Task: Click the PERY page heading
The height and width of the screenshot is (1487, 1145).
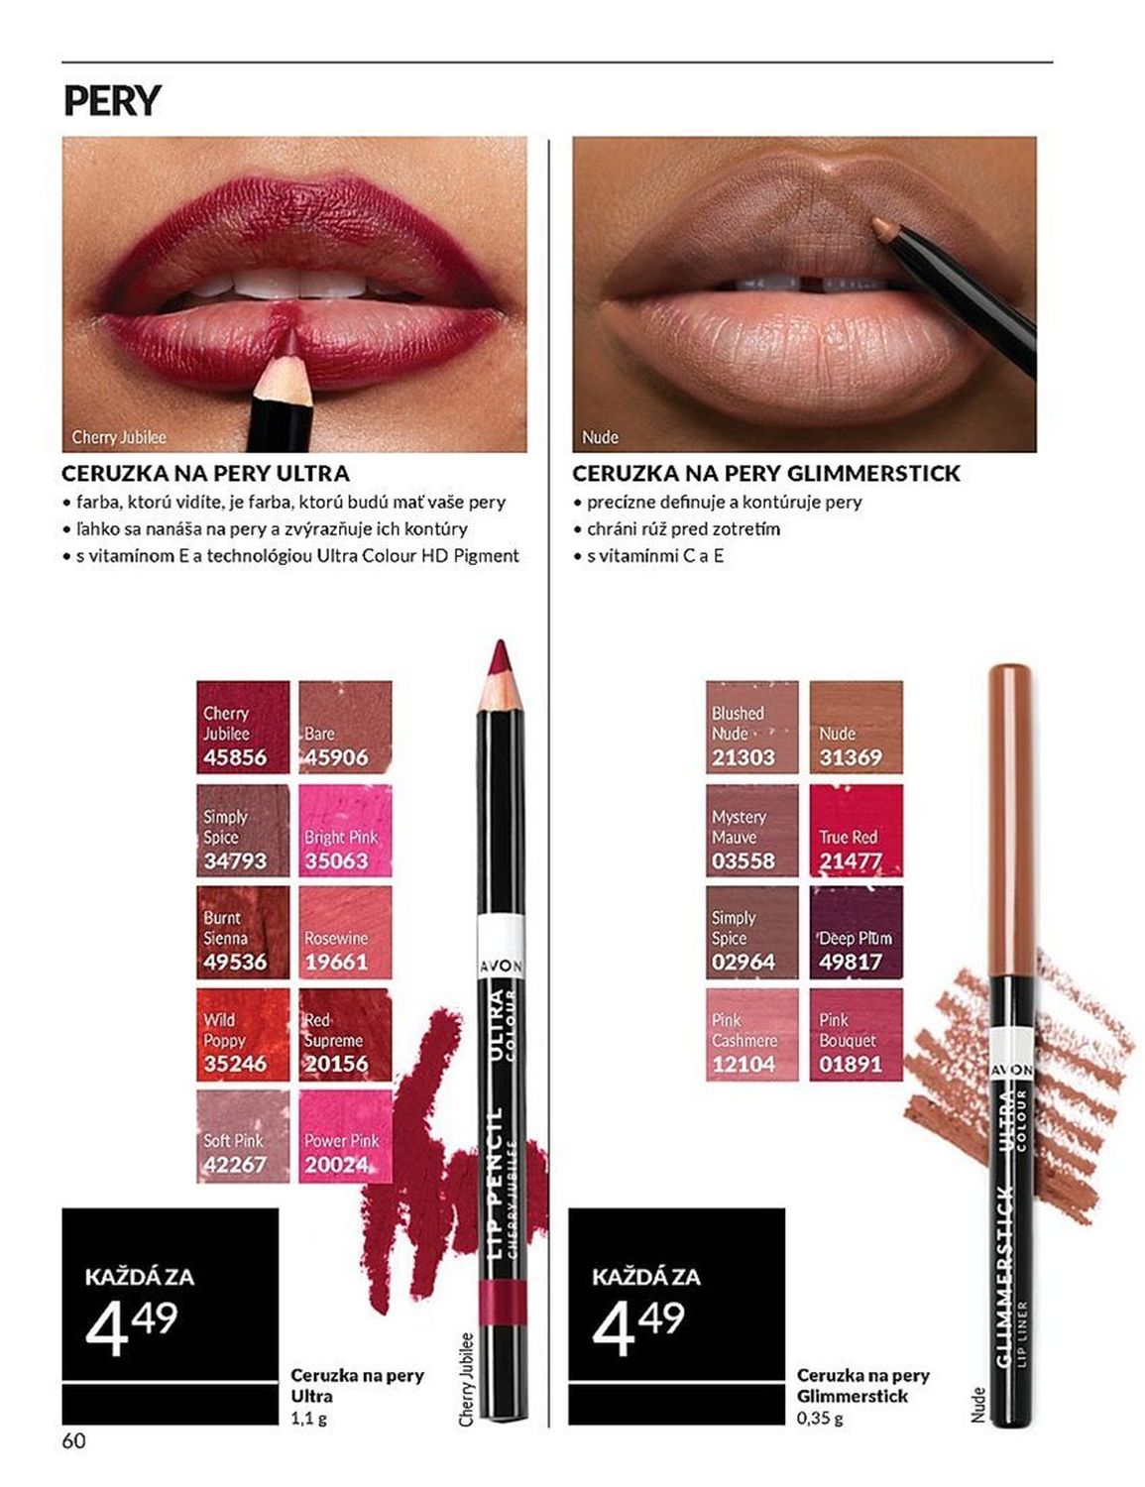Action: [x=112, y=100]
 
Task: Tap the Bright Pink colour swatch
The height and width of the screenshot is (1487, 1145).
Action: [x=345, y=830]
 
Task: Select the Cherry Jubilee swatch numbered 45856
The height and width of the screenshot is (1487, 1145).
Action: [x=243, y=727]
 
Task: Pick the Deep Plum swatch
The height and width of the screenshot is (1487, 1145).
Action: [x=856, y=932]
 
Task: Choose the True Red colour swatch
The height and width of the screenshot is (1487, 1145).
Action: [x=856, y=830]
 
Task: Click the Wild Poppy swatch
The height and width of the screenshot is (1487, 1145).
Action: [x=243, y=1034]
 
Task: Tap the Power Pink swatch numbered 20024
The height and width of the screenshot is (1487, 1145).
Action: [x=345, y=1136]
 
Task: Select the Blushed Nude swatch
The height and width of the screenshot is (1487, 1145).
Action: [x=752, y=727]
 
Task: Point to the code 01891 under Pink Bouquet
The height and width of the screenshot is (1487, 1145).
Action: [x=851, y=1064]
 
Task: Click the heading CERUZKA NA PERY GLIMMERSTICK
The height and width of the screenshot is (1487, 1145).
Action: [x=766, y=473]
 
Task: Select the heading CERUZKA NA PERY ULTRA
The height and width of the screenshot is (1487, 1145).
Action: [x=205, y=473]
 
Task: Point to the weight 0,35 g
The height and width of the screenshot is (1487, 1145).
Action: [x=820, y=1418]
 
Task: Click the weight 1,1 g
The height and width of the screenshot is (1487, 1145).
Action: [x=308, y=1418]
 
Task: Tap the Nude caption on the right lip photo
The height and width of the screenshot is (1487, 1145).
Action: [x=600, y=437]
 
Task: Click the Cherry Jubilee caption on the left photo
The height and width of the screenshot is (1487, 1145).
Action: [x=119, y=437]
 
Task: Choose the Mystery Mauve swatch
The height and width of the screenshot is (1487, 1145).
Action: [x=752, y=830]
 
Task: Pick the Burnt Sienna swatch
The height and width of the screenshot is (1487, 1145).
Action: [x=243, y=932]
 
